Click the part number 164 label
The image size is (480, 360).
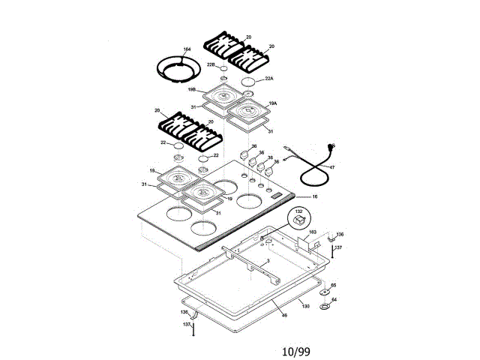[x=187, y=49]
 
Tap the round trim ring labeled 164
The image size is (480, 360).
[x=178, y=70]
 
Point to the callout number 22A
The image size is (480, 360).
[x=269, y=78]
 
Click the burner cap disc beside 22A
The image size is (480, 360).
[x=250, y=81]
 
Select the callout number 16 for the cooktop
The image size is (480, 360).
[x=315, y=196]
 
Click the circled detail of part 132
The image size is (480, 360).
[x=298, y=220]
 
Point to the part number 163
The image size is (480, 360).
[x=313, y=232]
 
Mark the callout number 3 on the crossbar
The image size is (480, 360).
[x=268, y=260]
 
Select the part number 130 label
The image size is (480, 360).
[x=305, y=306]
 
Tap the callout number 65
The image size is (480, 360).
[x=334, y=286]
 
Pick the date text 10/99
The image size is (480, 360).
[x=296, y=351]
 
